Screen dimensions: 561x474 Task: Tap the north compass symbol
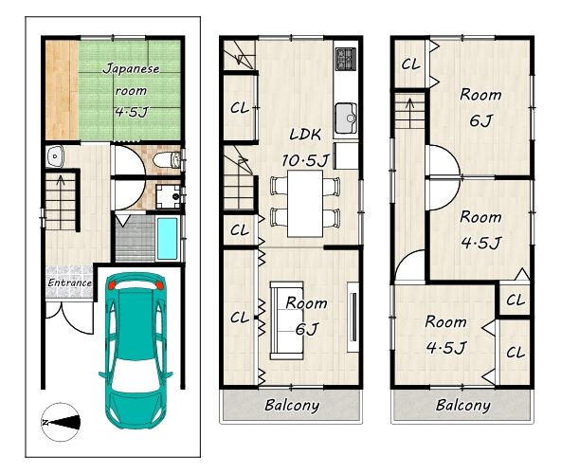[x=61, y=422]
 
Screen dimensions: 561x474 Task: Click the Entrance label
[x=69, y=283]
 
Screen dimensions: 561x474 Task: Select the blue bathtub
[x=167, y=239]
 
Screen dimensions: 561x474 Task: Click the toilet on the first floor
[x=167, y=159]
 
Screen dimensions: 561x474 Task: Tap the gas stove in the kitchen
[x=346, y=59]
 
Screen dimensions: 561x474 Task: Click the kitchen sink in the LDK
[x=346, y=118]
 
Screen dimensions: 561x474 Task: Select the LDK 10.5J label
[x=305, y=148]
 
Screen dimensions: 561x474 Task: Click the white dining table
[x=305, y=203]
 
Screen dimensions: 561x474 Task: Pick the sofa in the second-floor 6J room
[x=287, y=320]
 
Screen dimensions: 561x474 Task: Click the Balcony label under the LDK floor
[x=292, y=405]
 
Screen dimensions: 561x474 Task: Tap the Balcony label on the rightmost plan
[x=463, y=405]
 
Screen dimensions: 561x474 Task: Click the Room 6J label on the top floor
[x=480, y=107]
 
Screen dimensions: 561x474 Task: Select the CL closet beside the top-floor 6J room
[x=410, y=64]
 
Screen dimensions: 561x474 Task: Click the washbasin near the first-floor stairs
[x=55, y=156]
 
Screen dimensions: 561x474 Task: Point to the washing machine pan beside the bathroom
[x=168, y=196]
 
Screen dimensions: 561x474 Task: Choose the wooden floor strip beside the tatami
[x=62, y=90]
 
